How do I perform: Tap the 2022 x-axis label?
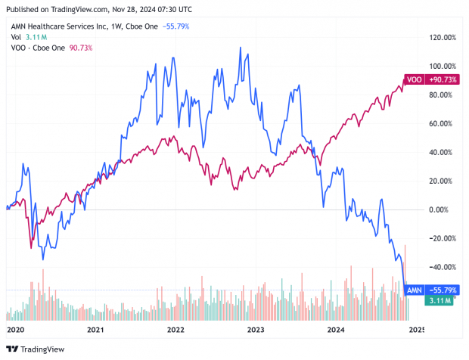pyautogui.click(x=175, y=331)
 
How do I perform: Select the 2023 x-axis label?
pyautogui.click(x=256, y=331)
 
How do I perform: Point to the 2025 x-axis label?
pyautogui.click(x=417, y=331)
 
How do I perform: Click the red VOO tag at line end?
pyautogui.click(x=415, y=79)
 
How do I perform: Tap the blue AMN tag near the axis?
pyautogui.click(x=415, y=290)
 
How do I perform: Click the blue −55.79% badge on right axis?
pyautogui.click(x=443, y=290)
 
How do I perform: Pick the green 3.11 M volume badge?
pyautogui.click(x=439, y=300)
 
